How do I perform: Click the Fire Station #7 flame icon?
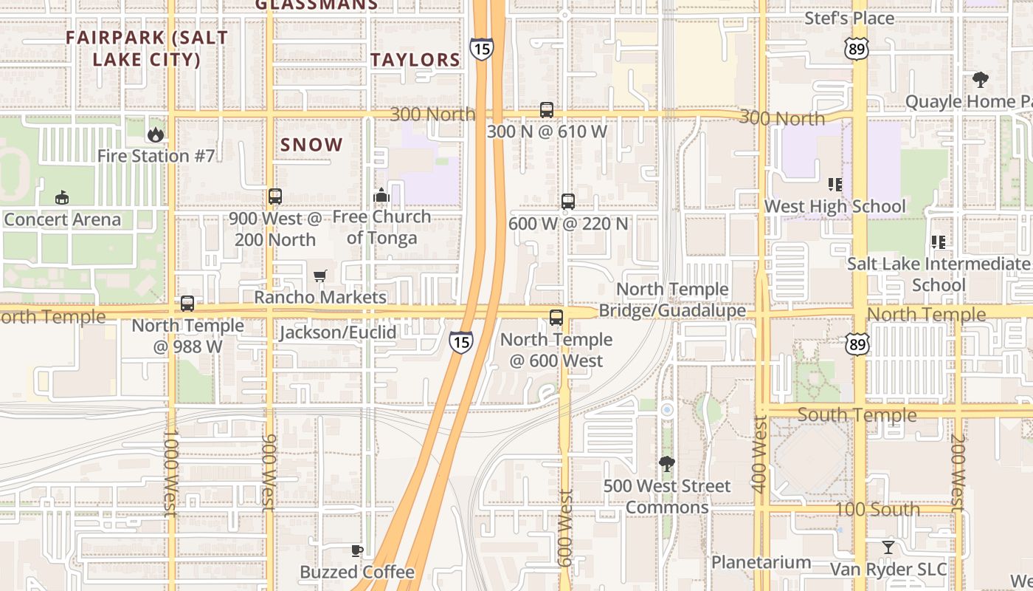[x=155, y=134]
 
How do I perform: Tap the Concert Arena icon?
[x=62, y=197]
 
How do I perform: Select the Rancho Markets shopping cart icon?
[x=320, y=276]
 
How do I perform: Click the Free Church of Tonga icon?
[x=381, y=195]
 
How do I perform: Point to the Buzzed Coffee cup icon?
[x=357, y=550]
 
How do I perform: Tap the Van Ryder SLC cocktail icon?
[x=888, y=547]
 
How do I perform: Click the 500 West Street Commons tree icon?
[x=667, y=464]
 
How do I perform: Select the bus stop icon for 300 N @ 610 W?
[x=547, y=110]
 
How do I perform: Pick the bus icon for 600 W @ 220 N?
[x=568, y=202]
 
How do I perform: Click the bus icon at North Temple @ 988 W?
[x=187, y=304]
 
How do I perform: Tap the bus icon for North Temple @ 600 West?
[x=556, y=318]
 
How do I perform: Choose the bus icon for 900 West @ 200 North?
[x=275, y=197]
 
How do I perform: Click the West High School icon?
[x=835, y=184]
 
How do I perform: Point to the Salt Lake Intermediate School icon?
[x=939, y=242]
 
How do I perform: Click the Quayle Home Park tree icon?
[x=980, y=79]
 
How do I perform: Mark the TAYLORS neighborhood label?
[x=415, y=61]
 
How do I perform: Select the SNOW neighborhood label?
[x=311, y=145]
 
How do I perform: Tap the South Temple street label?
[x=857, y=414]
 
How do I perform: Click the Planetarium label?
[x=761, y=562]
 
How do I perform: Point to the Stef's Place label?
[x=849, y=18]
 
